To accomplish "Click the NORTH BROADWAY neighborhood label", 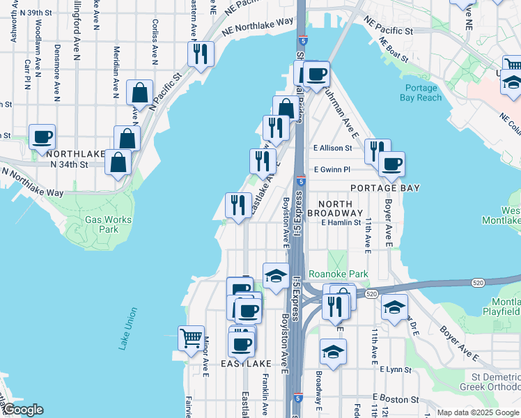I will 335,207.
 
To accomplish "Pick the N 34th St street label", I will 70,164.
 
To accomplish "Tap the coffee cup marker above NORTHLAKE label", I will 42,137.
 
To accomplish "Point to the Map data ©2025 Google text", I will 479,412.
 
